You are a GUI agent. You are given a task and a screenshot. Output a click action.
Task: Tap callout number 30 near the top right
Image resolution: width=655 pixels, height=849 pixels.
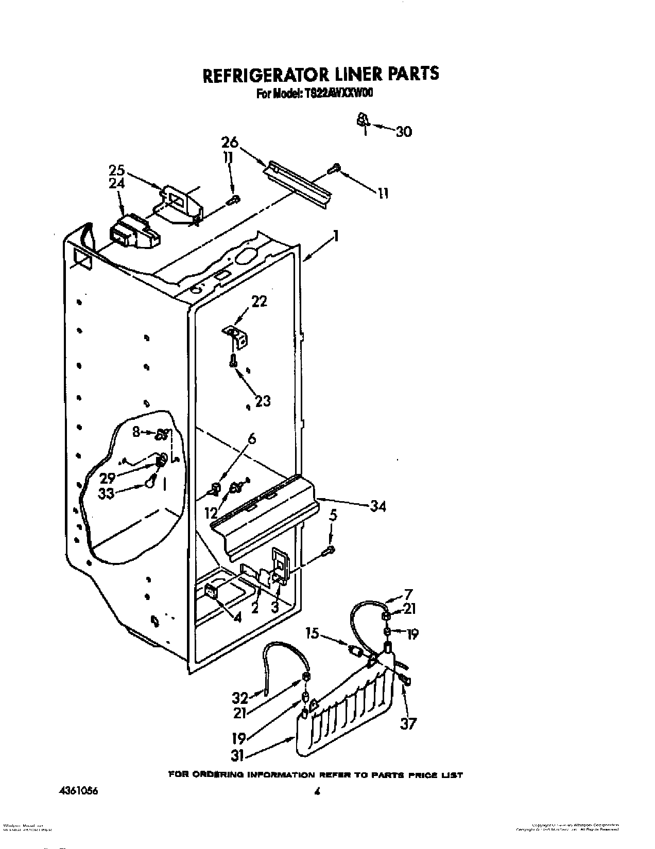(404, 132)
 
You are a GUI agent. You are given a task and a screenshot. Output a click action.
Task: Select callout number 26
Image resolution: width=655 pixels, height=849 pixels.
(230, 141)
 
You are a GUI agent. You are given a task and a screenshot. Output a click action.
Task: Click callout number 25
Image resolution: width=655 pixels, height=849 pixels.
(117, 169)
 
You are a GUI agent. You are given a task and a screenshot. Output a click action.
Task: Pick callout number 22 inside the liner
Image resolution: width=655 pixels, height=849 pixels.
(259, 301)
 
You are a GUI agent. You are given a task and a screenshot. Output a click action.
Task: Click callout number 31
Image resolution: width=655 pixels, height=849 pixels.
(238, 756)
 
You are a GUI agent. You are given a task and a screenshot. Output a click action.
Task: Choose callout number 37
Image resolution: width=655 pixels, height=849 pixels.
(408, 724)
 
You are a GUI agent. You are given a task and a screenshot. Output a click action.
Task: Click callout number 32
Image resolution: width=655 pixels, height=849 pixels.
(240, 698)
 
